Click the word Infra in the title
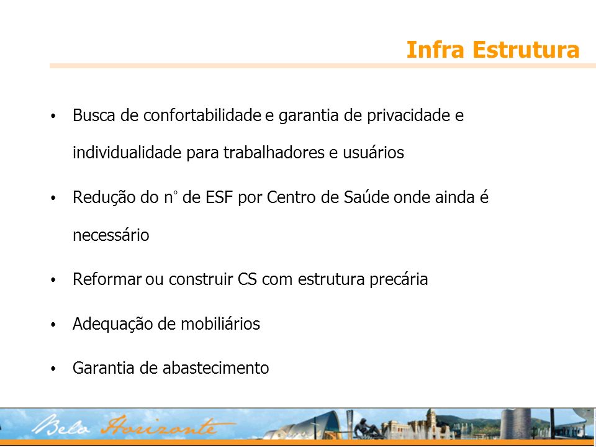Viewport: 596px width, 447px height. pyautogui.click(x=435, y=50)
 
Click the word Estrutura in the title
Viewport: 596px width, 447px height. pyautogui.click(x=526, y=50)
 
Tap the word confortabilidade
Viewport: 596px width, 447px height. pyautogui.click(x=202, y=115)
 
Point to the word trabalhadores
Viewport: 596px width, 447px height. pyautogui.click(x=274, y=153)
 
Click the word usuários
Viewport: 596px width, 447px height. pyautogui.click(x=374, y=153)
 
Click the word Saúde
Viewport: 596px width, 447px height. pyautogui.click(x=367, y=197)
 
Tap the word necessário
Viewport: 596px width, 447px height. pyautogui.click(x=111, y=235)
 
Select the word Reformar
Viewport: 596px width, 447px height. pyautogui.click(x=107, y=279)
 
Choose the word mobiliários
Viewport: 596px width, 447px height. pyautogui.click(x=220, y=324)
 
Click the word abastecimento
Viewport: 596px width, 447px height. pyautogui.click(x=216, y=368)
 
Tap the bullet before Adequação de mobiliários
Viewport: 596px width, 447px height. pyautogui.click(x=53, y=325)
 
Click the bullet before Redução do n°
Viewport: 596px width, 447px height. pyautogui.click(x=53, y=199)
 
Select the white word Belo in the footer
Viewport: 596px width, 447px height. pyautogui.click(x=61, y=426)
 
